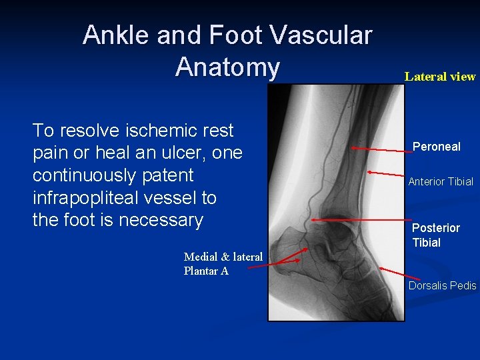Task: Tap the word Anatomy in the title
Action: (x=227, y=67)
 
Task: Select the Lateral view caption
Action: (x=440, y=76)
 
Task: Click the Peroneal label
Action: (x=436, y=147)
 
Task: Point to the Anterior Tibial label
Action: (x=441, y=181)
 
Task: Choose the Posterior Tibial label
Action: (x=435, y=235)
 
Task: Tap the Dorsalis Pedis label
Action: (x=442, y=285)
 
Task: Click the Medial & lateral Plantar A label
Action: (x=223, y=263)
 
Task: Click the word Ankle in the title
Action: (x=116, y=35)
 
